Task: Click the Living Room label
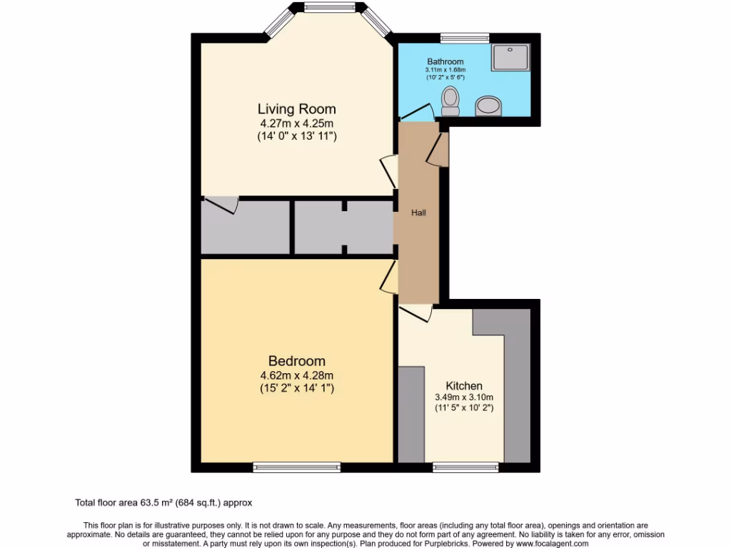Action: click(x=296, y=109)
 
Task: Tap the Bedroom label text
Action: click(x=296, y=361)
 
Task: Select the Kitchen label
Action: click(x=464, y=386)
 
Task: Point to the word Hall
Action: click(x=418, y=213)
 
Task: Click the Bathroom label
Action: click(x=445, y=62)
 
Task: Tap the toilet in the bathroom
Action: click(x=450, y=101)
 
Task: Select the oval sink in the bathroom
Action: click(x=488, y=106)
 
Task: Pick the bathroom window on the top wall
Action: click(x=464, y=38)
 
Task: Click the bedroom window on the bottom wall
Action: click(x=296, y=467)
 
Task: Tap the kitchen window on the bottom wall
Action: click(x=465, y=467)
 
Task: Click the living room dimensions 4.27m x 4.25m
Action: click(x=296, y=123)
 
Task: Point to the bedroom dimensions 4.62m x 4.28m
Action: click(x=296, y=375)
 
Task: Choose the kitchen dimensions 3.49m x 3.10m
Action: click(x=464, y=397)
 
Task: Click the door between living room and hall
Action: click(x=389, y=171)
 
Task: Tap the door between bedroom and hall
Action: click(x=390, y=277)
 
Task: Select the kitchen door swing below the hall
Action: click(x=416, y=313)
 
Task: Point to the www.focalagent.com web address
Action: click(x=548, y=543)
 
